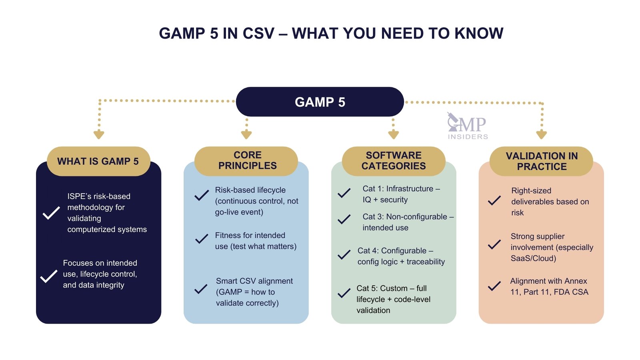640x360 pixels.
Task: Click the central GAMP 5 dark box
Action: [x=320, y=102]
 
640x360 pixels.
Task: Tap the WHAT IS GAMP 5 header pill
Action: [x=98, y=161]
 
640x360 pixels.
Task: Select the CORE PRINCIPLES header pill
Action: [x=246, y=160]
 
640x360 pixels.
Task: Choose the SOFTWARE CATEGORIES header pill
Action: [x=394, y=161]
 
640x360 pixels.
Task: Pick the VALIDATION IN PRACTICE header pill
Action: [x=541, y=161]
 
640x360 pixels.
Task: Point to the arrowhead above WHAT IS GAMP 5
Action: [x=99, y=134]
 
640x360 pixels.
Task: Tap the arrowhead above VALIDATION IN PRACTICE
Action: [x=541, y=134]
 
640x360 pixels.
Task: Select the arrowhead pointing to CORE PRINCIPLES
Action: [x=246, y=134]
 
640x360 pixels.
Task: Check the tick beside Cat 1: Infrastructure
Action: [x=344, y=194]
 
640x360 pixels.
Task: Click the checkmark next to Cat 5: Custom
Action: [x=344, y=294]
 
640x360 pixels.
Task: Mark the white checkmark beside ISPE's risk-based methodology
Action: [x=51, y=213]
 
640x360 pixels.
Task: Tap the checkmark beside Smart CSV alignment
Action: [x=201, y=289]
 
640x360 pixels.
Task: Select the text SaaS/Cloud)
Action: [x=533, y=258]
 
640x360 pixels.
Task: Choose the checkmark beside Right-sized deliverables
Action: [x=494, y=200]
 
